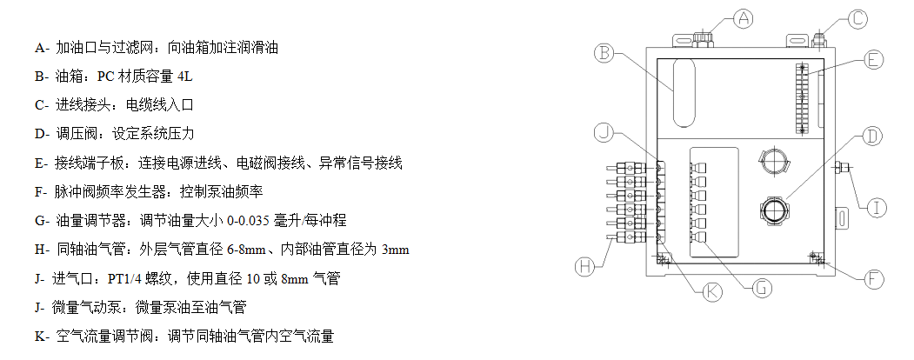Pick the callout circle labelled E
point(873,60)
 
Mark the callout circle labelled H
point(590,266)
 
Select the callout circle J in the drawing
point(605,132)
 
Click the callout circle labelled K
point(712,291)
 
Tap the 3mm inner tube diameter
point(395,250)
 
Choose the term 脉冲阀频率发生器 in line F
point(111,192)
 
